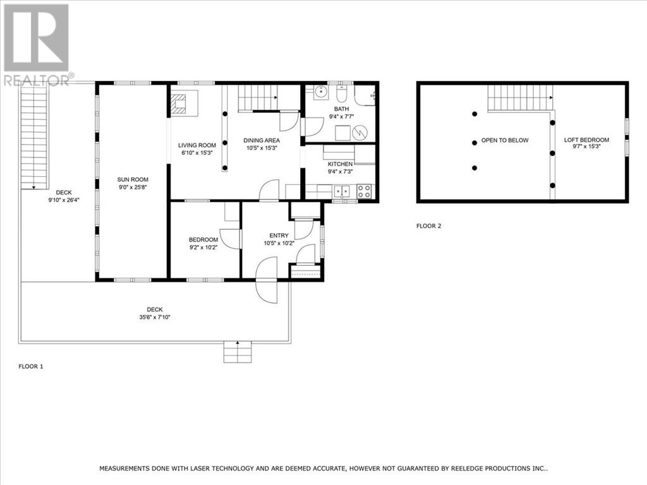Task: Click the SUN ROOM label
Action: coord(133,179)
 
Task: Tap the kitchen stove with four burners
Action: coord(364,191)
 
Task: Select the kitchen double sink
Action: coord(342,191)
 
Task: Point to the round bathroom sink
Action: coord(320,92)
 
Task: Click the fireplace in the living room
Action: coord(179,104)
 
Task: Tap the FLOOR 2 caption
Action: coord(429,226)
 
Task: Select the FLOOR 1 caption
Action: coord(31,366)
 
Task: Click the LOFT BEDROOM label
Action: coord(586,140)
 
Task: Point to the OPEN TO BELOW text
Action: coord(505,140)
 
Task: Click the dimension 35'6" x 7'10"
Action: coord(155,317)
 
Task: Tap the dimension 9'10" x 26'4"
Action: coord(64,200)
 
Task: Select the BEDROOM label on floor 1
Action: coord(203,239)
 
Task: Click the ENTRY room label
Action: coord(279,236)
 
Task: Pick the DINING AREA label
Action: coord(262,140)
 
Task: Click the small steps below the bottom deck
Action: coord(238,352)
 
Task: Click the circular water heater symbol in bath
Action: coord(360,133)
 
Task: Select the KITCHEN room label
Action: coord(341,164)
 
